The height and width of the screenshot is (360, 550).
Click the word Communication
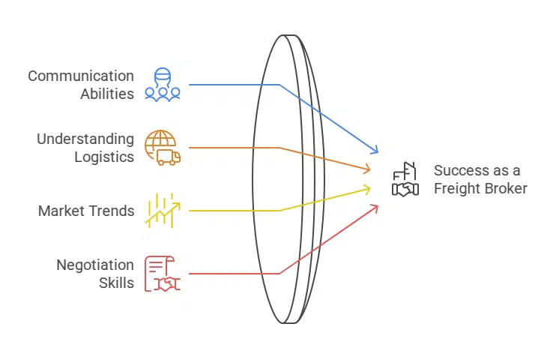81,76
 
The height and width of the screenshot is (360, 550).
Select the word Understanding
85,139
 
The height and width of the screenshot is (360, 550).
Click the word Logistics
104,157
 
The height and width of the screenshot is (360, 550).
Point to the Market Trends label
86,211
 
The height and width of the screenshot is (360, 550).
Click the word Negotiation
95,265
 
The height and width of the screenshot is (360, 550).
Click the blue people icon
163,84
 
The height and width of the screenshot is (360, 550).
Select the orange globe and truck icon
162,147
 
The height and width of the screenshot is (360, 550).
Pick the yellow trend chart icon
163,210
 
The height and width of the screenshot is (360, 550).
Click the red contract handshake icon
162,273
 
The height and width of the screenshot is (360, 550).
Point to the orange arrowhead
366,169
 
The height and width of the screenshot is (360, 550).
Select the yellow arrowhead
366,188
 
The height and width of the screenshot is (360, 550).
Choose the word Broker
508,188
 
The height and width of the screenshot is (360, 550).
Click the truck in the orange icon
169,157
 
